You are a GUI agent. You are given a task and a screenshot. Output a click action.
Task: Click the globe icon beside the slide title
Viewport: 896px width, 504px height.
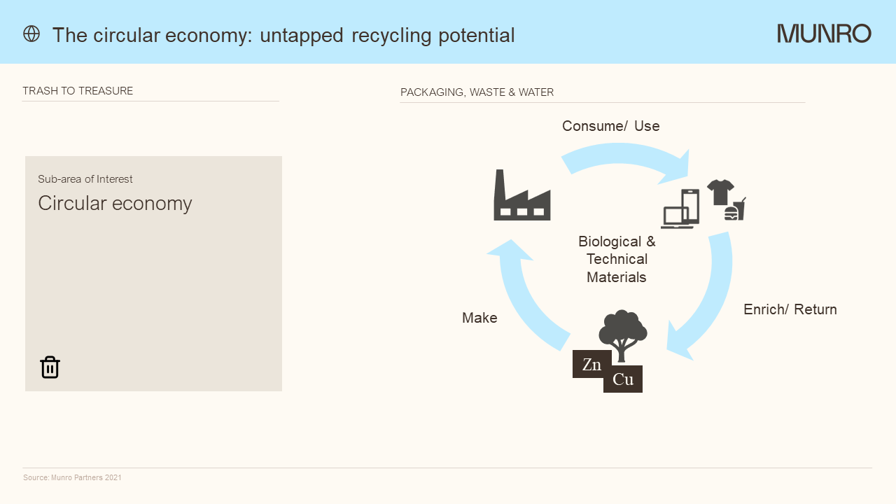(31, 34)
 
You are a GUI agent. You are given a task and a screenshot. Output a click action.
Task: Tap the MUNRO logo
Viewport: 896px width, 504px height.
(824, 34)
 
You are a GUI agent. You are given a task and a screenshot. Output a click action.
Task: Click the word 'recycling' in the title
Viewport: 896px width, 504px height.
(391, 36)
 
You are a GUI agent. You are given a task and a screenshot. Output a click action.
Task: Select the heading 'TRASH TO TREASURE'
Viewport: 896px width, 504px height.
(78, 91)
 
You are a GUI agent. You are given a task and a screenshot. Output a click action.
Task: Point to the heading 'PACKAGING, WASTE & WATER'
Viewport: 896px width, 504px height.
(477, 92)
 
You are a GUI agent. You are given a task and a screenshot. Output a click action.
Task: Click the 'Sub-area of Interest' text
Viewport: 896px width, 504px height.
(85, 178)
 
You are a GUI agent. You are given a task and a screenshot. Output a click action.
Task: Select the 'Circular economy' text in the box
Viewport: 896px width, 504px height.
(115, 204)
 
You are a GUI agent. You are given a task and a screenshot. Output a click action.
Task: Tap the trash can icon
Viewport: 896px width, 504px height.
(50, 367)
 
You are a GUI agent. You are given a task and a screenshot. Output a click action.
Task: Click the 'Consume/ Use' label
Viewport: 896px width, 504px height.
(611, 126)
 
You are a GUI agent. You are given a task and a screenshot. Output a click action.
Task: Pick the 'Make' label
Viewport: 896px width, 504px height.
(479, 318)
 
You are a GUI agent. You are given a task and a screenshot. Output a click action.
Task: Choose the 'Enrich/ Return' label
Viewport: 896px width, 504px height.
(790, 309)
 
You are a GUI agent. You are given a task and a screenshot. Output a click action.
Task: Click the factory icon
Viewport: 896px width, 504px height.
(522, 195)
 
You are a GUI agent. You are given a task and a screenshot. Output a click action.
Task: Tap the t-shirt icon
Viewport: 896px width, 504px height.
(720, 192)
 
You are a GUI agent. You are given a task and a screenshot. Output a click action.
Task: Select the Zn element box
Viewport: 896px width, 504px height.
(592, 364)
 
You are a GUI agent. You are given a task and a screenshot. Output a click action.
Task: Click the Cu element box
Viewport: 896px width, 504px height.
(623, 379)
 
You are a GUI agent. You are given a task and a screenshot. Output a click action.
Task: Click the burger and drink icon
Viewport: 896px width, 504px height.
(735, 209)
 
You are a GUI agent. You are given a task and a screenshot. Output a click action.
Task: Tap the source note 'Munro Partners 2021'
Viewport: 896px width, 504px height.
(86, 477)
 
